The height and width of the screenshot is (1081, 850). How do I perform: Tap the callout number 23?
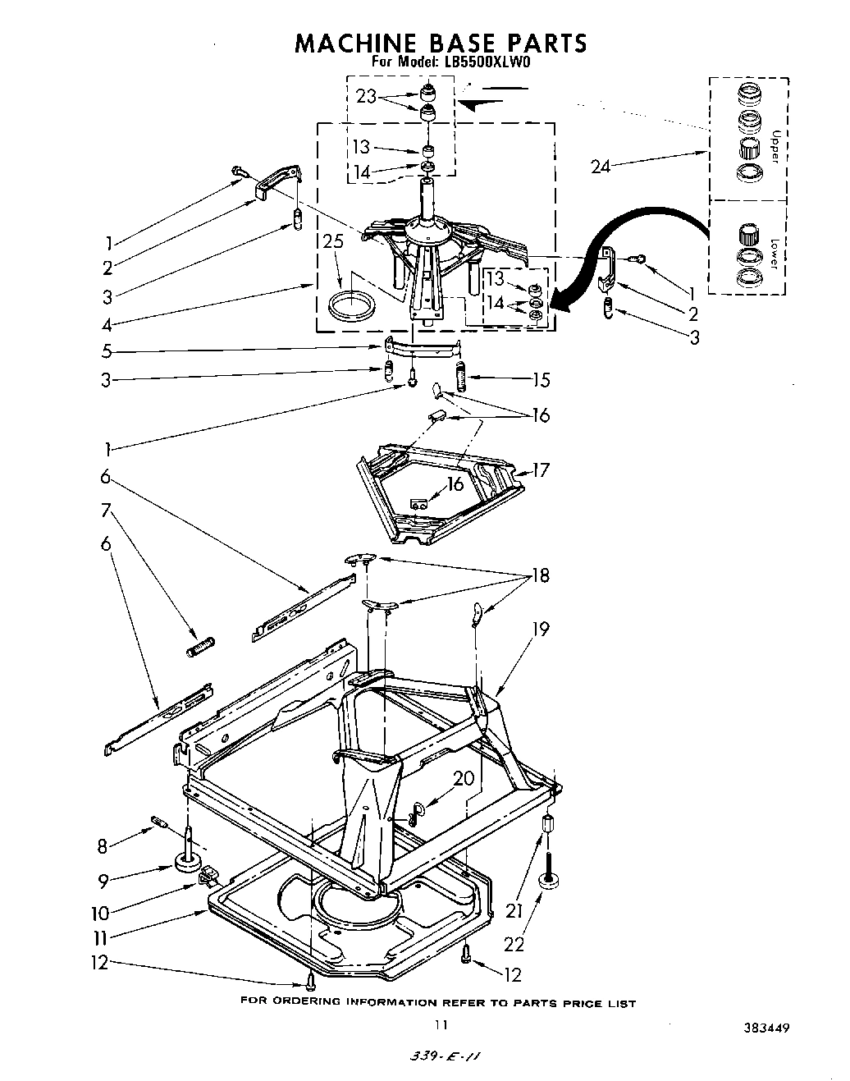pyautogui.click(x=367, y=96)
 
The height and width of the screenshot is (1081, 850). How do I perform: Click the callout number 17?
pyautogui.click(x=540, y=470)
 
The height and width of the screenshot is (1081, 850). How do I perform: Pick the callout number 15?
pyautogui.click(x=541, y=380)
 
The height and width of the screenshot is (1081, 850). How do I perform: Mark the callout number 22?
pyautogui.click(x=514, y=944)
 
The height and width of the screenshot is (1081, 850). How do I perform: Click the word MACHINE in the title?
pyautogui.click(x=348, y=43)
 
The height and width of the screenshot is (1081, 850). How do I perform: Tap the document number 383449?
pyautogui.click(x=766, y=1026)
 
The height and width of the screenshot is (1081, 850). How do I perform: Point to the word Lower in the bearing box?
pyautogui.click(x=775, y=254)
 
